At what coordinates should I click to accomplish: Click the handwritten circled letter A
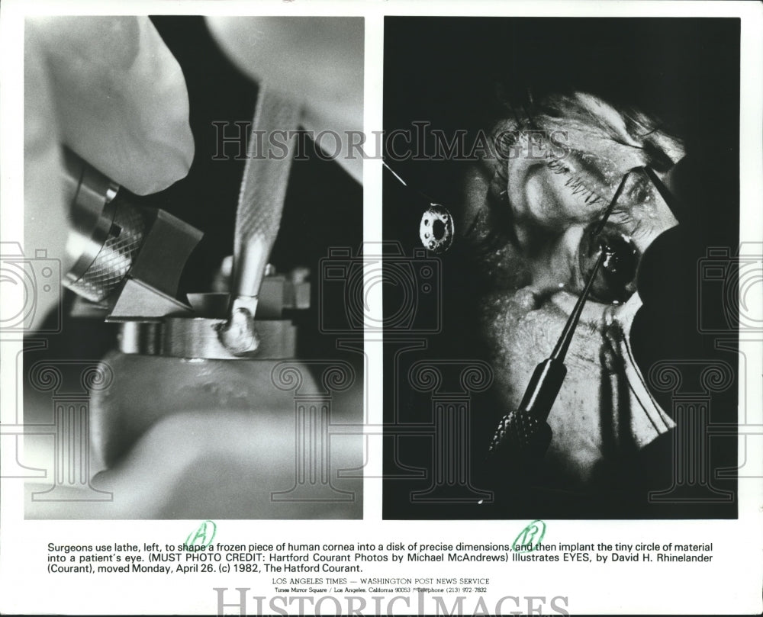tap(200, 535)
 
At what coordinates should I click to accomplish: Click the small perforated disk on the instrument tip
tap(436, 228)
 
